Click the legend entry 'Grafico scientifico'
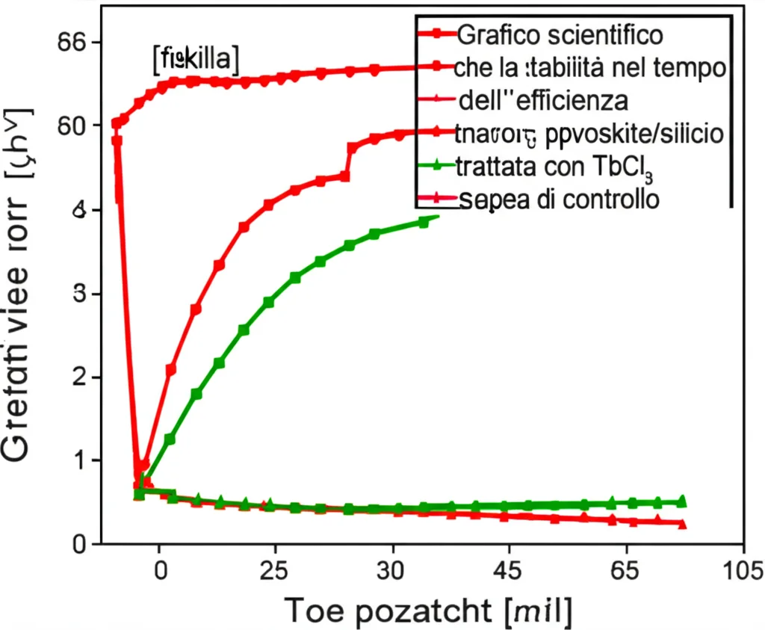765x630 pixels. click(x=560, y=34)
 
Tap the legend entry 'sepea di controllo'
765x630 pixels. click(x=560, y=200)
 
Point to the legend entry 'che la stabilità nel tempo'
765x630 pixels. click(x=589, y=68)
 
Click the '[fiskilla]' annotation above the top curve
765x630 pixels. click(x=195, y=60)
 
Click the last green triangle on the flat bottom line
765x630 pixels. click(x=681, y=501)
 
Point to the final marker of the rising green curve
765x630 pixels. click(x=424, y=222)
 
